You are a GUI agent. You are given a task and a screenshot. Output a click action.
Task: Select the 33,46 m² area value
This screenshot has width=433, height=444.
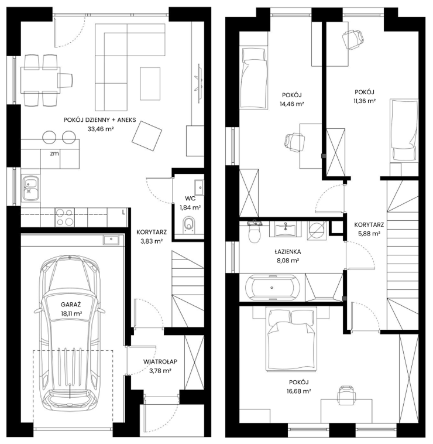pyautogui.click(x=101, y=129)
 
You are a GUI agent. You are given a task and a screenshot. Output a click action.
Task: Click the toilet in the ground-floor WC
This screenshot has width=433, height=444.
pyautogui.click(x=189, y=225)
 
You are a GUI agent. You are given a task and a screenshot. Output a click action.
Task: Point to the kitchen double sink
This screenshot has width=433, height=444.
pyautogui.click(x=30, y=188)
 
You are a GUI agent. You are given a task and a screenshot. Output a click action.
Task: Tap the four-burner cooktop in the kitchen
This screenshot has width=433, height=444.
pyautogui.click(x=65, y=217)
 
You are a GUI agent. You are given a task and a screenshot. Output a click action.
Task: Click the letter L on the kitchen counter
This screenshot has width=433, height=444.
pyautogui.click(x=123, y=213)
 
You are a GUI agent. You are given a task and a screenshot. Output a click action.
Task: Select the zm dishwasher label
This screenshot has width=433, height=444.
pyautogui.click(x=54, y=153)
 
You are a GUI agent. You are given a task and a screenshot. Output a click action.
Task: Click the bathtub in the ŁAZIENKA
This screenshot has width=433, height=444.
pyautogui.click(x=272, y=288)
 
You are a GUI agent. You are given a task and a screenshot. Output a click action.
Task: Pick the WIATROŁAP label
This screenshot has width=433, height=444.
pyautogui.click(x=160, y=361)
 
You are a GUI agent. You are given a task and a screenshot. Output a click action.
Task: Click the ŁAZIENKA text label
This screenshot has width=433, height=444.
pyautogui.click(x=288, y=251)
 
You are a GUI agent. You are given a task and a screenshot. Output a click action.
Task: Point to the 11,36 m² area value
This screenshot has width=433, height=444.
pyautogui.click(x=365, y=101)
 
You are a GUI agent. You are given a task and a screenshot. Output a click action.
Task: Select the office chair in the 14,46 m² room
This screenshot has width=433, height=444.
pyautogui.click(x=295, y=142)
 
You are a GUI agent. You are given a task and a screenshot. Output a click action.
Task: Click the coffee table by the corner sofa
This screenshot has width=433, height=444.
pyautogui.click(x=150, y=84)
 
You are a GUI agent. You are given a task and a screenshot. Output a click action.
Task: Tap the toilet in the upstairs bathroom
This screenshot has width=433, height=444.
pyautogui.click(x=255, y=233)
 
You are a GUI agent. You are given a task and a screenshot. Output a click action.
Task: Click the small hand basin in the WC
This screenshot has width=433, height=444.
pyautogui.click(x=199, y=187)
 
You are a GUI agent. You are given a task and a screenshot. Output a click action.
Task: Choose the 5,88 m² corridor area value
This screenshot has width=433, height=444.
pyautogui.click(x=369, y=234)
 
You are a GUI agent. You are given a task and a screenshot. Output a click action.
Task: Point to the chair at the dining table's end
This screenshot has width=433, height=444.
pyautogui.click(x=66, y=80)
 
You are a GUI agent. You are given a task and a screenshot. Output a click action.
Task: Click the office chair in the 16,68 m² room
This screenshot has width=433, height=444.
pyautogui.click(x=346, y=393)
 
